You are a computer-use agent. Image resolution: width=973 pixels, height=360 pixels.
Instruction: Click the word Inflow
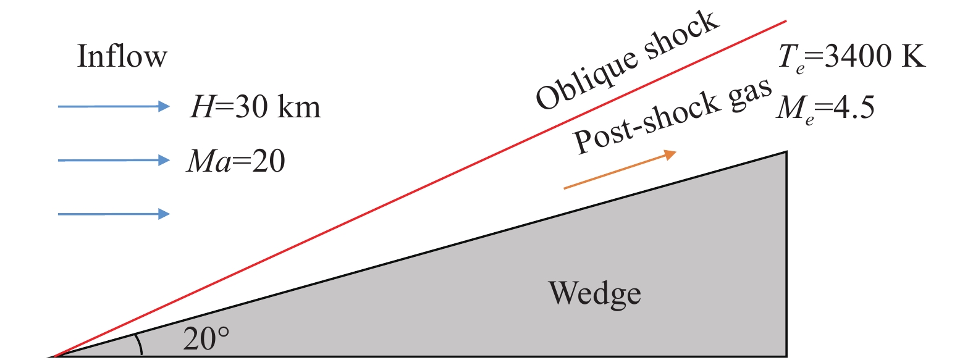pyautogui.click(x=122, y=56)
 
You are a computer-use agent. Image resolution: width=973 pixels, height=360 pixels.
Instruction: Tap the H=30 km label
pyautogui.click(x=255, y=107)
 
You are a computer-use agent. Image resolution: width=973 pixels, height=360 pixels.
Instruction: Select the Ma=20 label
pyautogui.click(x=236, y=161)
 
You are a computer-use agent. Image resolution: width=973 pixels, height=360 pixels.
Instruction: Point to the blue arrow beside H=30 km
pyautogui.click(x=114, y=106)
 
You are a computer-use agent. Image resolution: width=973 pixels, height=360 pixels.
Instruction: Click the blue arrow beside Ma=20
pyautogui.click(x=114, y=161)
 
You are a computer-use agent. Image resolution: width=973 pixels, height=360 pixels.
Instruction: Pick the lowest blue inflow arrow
pyautogui.click(x=114, y=214)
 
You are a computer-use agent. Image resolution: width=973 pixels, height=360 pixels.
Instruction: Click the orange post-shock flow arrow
pyautogui.click(x=620, y=170)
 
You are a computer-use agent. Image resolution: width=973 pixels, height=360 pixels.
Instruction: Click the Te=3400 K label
pyautogui.click(x=851, y=57)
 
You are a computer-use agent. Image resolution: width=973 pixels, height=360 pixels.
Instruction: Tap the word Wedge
pyautogui.click(x=594, y=293)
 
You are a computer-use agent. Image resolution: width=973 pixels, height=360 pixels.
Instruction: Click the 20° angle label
pyautogui.click(x=206, y=338)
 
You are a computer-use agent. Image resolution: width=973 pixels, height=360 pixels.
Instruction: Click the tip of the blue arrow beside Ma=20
pyautogui.click(x=168, y=161)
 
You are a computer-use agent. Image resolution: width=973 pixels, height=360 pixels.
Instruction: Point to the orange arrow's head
pyautogui.click(x=670, y=154)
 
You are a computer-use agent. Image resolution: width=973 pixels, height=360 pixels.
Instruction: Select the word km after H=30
pyautogui.click(x=299, y=107)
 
